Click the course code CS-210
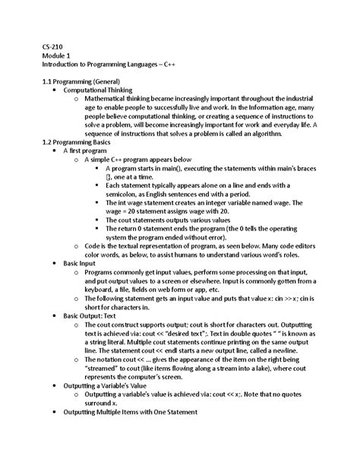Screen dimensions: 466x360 click(x=53, y=46)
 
